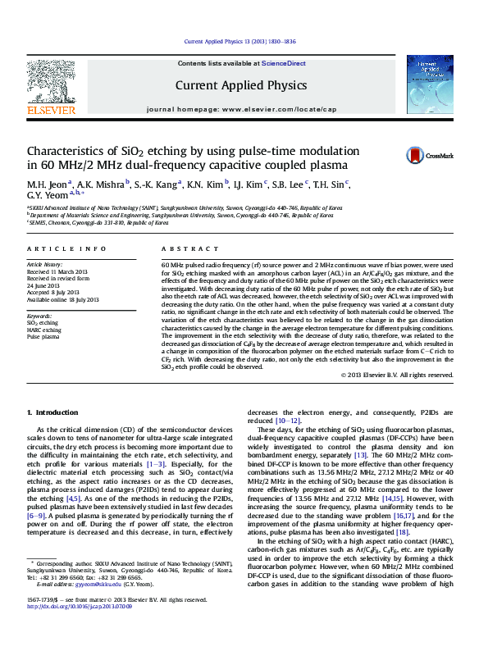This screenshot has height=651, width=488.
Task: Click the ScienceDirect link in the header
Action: (284, 63)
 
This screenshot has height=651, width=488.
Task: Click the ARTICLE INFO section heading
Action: (66, 248)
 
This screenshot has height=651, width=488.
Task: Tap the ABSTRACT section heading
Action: (185, 248)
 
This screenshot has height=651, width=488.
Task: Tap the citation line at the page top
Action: (239, 41)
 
